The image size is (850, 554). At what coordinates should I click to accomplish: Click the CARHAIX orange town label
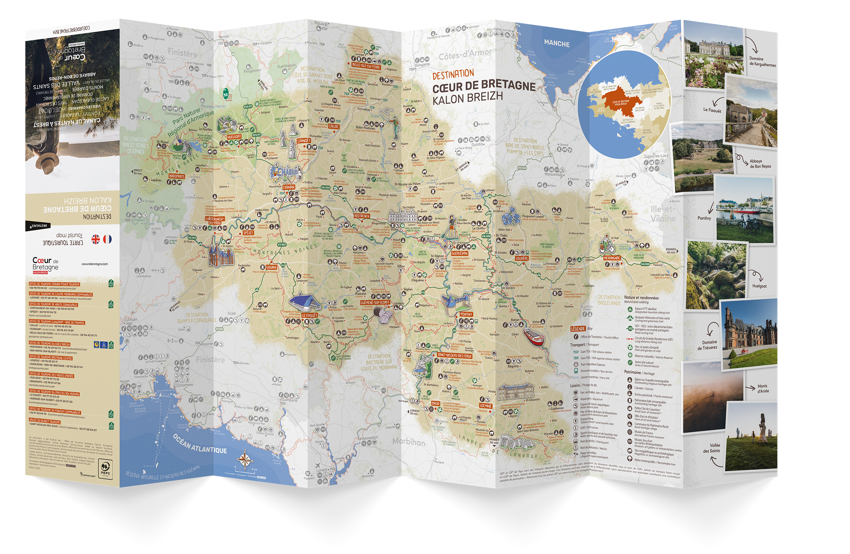(289, 187)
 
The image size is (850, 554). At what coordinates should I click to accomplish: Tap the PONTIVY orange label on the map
(466, 314)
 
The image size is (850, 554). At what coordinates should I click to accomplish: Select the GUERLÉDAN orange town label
(460, 253)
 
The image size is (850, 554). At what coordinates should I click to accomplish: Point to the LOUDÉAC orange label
(522, 258)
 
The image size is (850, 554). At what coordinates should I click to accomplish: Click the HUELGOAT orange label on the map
(234, 137)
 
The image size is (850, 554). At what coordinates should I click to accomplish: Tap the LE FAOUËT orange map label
(309, 315)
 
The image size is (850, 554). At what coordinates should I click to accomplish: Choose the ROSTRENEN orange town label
(361, 216)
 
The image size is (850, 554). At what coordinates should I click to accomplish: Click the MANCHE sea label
(557, 44)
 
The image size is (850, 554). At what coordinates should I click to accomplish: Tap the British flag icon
(95, 239)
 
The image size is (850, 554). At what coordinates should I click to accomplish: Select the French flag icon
(107, 239)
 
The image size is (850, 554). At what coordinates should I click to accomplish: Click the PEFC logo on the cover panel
(105, 469)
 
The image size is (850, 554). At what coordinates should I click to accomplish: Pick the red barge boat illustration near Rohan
(533, 337)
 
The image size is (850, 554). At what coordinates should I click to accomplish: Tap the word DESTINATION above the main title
(453, 74)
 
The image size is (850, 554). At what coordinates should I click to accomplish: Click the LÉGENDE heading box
(578, 329)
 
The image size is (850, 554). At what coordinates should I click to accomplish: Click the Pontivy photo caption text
(704, 218)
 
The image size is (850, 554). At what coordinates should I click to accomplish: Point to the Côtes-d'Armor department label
(465, 56)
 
